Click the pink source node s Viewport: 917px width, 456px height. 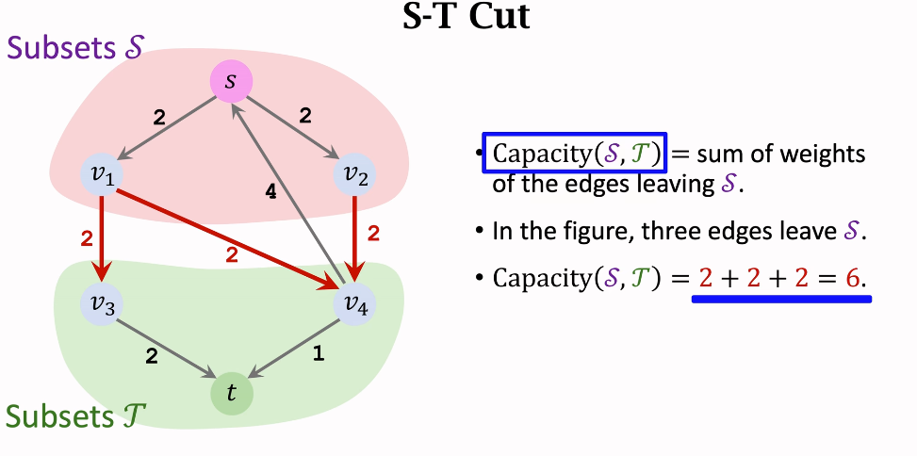pos(230,83)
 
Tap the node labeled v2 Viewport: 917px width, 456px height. pos(354,176)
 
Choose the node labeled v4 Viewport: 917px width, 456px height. pos(354,305)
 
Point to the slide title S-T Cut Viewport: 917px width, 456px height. pos(466,17)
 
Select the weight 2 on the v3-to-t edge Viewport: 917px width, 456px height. pos(151,355)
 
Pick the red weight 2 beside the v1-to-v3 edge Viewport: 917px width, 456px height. pos(87,238)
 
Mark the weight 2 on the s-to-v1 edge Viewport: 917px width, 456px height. pos(159,118)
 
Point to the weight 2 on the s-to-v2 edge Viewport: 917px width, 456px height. pos(304,116)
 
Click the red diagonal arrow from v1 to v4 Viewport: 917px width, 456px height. pos(226,232)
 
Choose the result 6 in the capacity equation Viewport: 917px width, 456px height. pos(854,278)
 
